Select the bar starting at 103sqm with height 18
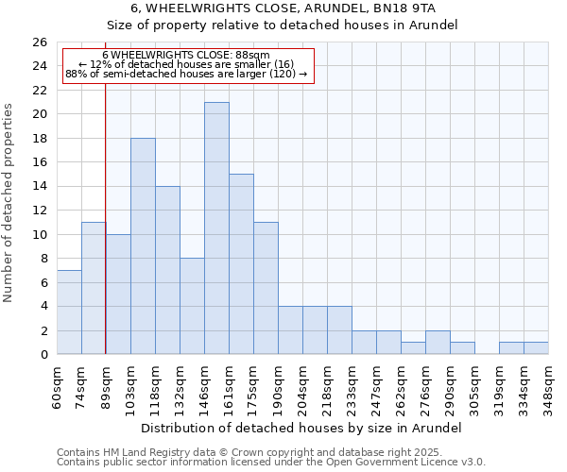[143, 246]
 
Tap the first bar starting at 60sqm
[69, 312]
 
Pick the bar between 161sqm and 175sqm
[241, 264]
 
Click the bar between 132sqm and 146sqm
[192, 306]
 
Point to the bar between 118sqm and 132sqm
[167, 270]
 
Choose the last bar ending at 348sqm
[536, 348]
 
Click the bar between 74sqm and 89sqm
[94, 288]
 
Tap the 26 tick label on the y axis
[39, 42]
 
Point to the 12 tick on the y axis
[39, 211]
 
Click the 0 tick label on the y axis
[43, 355]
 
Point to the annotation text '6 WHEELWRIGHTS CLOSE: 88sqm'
[186, 56]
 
